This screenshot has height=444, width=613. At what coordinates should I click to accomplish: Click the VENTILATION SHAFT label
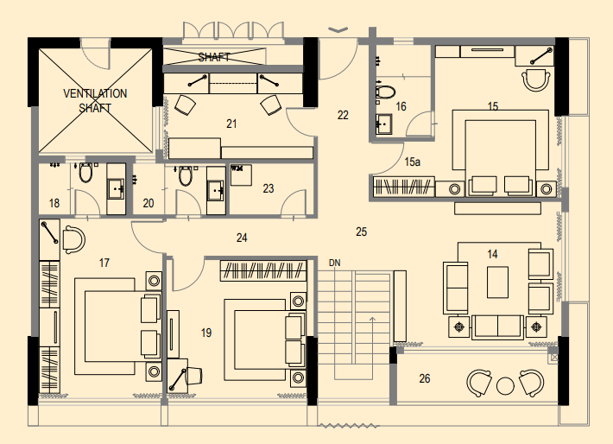(95, 100)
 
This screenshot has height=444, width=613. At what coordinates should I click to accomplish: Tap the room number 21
(231, 124)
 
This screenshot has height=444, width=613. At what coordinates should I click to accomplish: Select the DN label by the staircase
(334, 263)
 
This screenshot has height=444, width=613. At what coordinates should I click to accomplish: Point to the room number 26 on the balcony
(424, 378)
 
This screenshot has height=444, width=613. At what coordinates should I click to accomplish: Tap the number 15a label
(413, 162)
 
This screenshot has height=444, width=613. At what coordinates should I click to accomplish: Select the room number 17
(104, 263)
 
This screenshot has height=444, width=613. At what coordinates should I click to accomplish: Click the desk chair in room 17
(73, 238)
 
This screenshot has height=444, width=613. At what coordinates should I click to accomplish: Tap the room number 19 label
(206, 332)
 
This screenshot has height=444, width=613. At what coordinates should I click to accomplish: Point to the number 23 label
(268, 188)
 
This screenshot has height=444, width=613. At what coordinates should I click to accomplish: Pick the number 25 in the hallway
(361, 232)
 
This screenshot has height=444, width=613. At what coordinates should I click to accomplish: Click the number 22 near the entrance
(343, 114)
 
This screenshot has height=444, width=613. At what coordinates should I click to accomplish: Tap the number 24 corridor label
(242, 238)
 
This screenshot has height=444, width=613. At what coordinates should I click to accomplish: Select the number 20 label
(148, 204)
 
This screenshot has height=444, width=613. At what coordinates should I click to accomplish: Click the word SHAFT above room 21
(213, 58)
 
